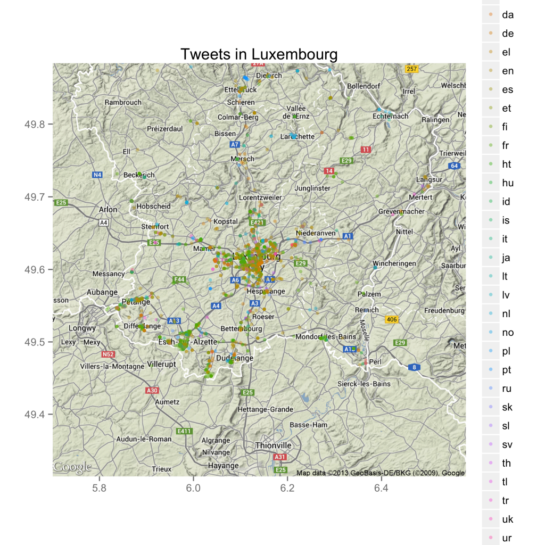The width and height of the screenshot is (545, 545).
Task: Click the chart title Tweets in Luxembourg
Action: pyautogui.click(x=259, y=54)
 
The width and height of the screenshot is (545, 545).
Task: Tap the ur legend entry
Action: pyautogui.click(x=507, y=538)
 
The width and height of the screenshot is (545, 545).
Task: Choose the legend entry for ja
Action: pyautogui.click(x=506, y=258)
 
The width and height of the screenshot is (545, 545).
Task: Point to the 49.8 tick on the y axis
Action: pyautogui.click(x=35, y=125)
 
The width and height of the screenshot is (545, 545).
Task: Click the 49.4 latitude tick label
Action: pyautogui.click(x=35, y=415)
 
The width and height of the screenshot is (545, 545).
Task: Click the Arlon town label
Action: pyautogui.click(x=108, y=210)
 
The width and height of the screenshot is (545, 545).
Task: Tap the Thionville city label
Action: pyautogui.click(x=274, y=445)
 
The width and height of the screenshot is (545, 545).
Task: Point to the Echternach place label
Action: pyautogui.click(x=391, y=116)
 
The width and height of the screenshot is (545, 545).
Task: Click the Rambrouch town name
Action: pyautogui.click(x=123, y=102)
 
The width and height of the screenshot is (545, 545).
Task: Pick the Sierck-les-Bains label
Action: pyautogui.click(x=364, y=384)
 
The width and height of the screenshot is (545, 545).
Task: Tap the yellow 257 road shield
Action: pyautogui.click(x=411, y=69)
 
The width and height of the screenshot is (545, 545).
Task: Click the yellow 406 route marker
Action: pyautogui.click(x=392, y=319)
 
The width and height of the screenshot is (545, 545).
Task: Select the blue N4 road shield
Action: pyautogui.click(x=97, y=175)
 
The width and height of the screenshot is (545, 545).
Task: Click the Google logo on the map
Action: pyautogui.click(x=72, y=468)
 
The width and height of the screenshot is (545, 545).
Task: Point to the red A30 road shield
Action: pyautogui.click(x=152, y=391)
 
